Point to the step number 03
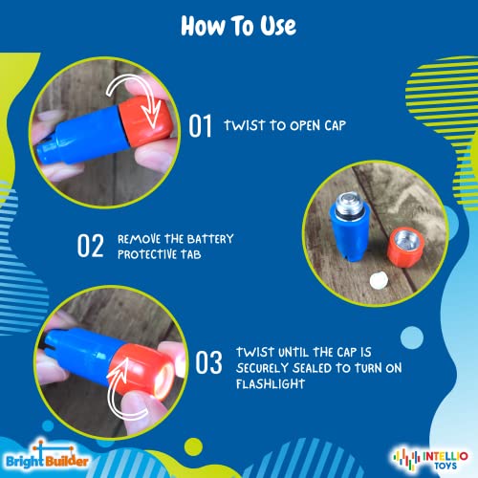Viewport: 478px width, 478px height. (x=209, y=363)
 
